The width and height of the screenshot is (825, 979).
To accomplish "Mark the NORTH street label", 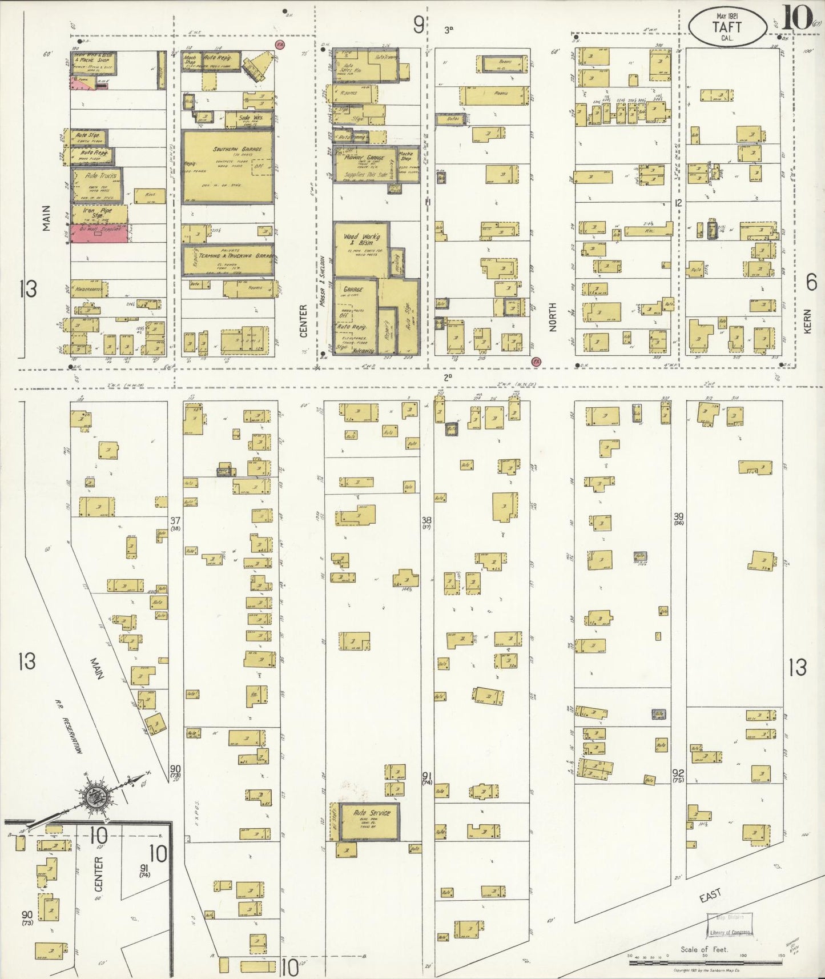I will coord(553,318).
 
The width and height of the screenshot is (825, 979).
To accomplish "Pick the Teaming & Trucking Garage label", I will coord(234,257).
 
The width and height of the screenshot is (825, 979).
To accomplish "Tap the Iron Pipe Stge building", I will coord(98,213).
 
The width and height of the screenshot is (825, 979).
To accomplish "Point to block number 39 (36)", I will coord(678,519).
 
